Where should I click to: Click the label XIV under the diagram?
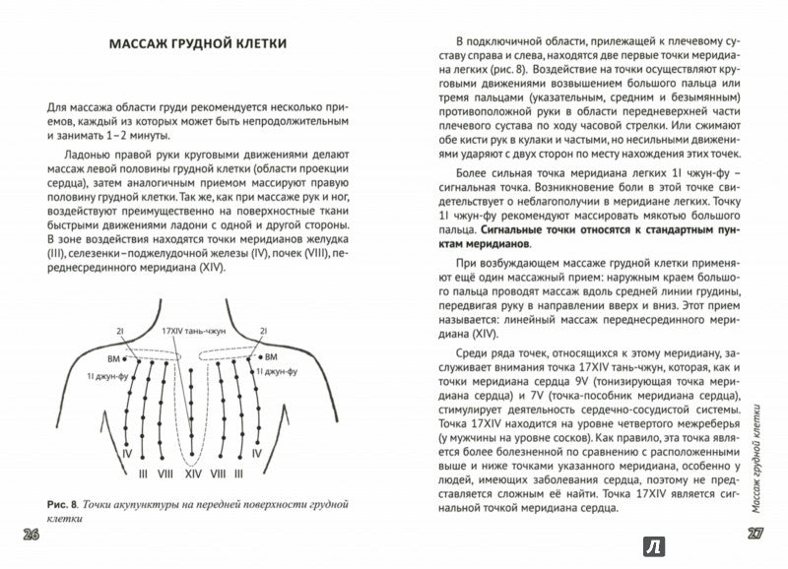click(193, 474)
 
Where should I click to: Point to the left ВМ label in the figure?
click(114, 360)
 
